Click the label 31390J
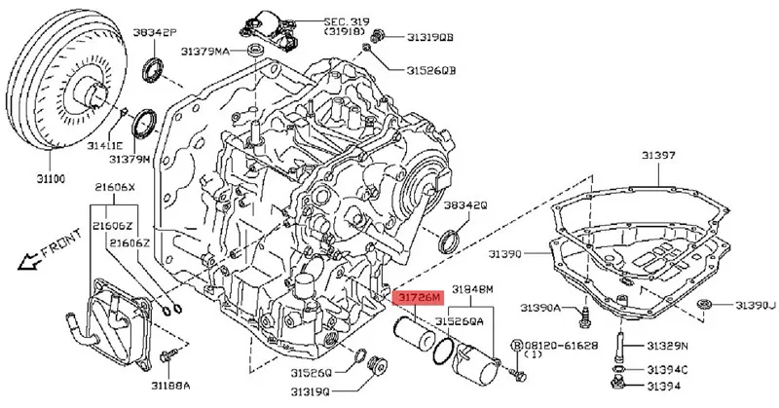pos(755,305)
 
